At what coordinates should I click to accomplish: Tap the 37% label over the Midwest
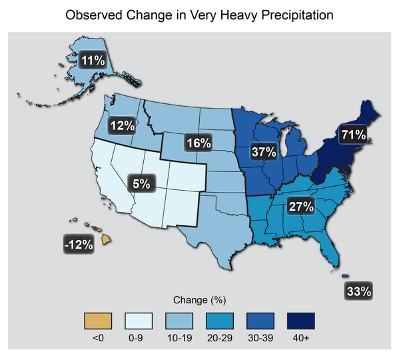[x=263, y=152]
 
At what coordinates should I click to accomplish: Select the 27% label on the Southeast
[x=300, y=206]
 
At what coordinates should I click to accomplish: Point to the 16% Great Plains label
[x=199, y=143]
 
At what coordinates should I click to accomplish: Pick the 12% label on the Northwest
[x=123, y=125]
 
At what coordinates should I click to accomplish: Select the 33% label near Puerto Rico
[x=358, y=291]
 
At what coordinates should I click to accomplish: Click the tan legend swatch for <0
[x=98, y=321]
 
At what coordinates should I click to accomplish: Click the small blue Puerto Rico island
[x=346, y=277]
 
